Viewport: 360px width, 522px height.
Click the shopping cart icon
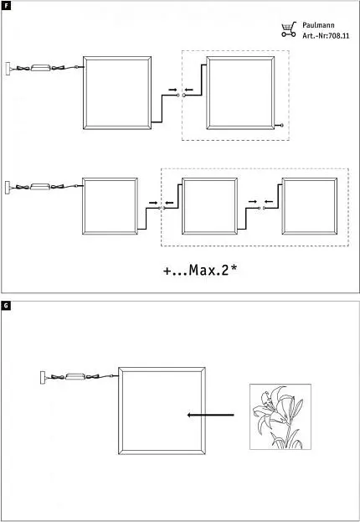(289, 29)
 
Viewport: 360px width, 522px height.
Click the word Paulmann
(318, 25)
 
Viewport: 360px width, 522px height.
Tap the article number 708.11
(339, 36)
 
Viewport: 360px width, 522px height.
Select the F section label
(6, 6)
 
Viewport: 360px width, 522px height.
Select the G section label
(6, 305)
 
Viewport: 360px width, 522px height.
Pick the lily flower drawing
(280, 416)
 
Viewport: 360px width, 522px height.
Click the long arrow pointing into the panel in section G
(211, 415)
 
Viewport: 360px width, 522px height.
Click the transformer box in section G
(75, 376)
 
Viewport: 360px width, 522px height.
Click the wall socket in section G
(43, 378)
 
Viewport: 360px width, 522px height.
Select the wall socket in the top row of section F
(8, 69)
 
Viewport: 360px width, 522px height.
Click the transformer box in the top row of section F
(40, 68)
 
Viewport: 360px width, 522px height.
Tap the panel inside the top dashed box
(240, 57)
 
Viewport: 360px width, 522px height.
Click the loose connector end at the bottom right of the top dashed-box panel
(282, 125)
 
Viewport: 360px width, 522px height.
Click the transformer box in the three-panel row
(40, 186)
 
